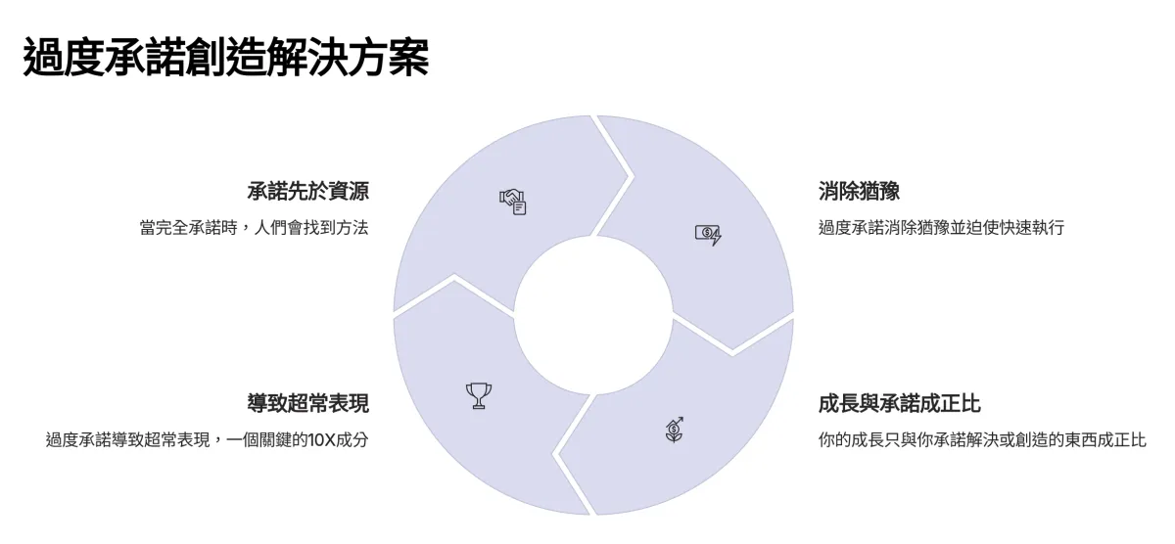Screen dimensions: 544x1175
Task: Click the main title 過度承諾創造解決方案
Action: point(225,58)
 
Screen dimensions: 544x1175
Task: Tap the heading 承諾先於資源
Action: point(307,191)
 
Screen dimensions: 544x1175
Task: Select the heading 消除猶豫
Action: point(859,191)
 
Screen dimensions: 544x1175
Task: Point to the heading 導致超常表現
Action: point(307,403)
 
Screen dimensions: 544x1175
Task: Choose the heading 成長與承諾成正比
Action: point(899,403)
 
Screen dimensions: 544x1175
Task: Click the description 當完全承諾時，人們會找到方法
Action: point(254,228)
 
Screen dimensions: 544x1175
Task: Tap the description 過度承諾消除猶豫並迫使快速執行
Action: point(941,228)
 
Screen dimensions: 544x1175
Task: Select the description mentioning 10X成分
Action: point(207,439)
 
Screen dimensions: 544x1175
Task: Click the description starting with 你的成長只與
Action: point(981,439)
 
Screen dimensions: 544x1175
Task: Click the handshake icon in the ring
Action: point(514,201)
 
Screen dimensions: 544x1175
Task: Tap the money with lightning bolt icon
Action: point(708,234)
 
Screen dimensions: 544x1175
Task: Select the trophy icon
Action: point(479,395)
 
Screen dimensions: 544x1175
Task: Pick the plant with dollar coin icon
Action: point(674,429)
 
